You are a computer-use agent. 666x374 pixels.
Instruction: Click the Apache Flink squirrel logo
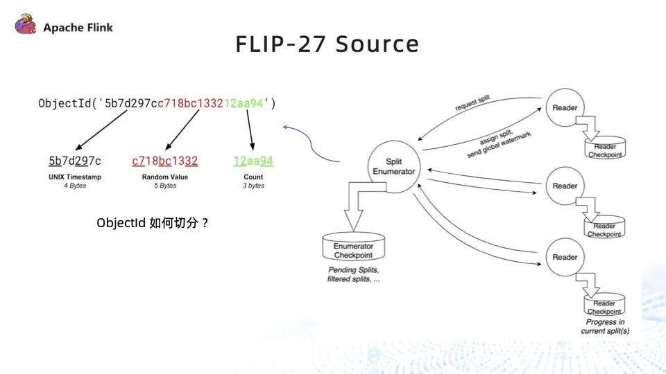coord(26,27)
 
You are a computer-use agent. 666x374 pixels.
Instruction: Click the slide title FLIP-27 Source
coord(327,44)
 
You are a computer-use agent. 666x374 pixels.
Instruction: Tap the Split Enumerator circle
coord(394,166)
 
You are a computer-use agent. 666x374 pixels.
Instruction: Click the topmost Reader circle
coord(565,107)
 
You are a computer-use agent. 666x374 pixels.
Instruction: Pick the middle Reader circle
coord(565,186)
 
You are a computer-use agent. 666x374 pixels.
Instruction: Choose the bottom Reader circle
coord(565,257)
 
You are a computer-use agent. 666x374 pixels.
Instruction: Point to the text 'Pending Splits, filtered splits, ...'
coord(354,274)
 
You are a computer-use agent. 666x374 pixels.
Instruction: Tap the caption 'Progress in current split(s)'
coord(605,326)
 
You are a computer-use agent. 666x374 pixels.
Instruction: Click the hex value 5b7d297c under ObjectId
coord(75,161)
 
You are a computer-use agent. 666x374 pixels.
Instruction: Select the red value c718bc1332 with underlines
coord(164,161)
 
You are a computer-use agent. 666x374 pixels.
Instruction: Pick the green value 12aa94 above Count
coord(253,161)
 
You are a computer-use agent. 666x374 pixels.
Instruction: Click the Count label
coord(253,177)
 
